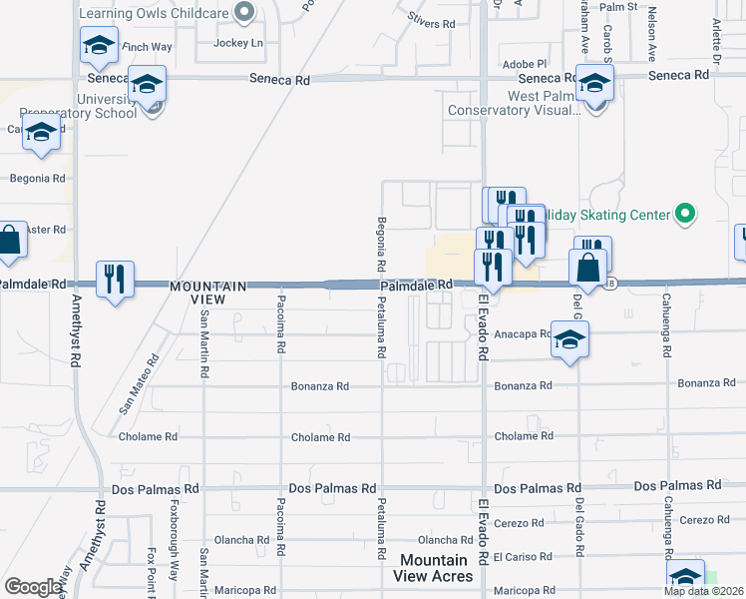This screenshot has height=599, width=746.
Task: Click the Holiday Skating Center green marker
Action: click(684, 214)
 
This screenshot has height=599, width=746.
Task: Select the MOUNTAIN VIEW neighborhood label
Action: click(210, 293)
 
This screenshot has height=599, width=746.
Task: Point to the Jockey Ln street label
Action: click(242, 43)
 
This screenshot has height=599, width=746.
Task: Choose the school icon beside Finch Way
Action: click(99, 45)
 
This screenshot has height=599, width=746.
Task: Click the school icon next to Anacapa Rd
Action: click(568, 340)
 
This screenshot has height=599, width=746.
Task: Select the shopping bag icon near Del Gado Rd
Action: click(588, 268)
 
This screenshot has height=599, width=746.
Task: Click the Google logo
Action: click(33, 587)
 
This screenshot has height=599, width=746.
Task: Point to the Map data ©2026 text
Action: click(704, 591)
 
